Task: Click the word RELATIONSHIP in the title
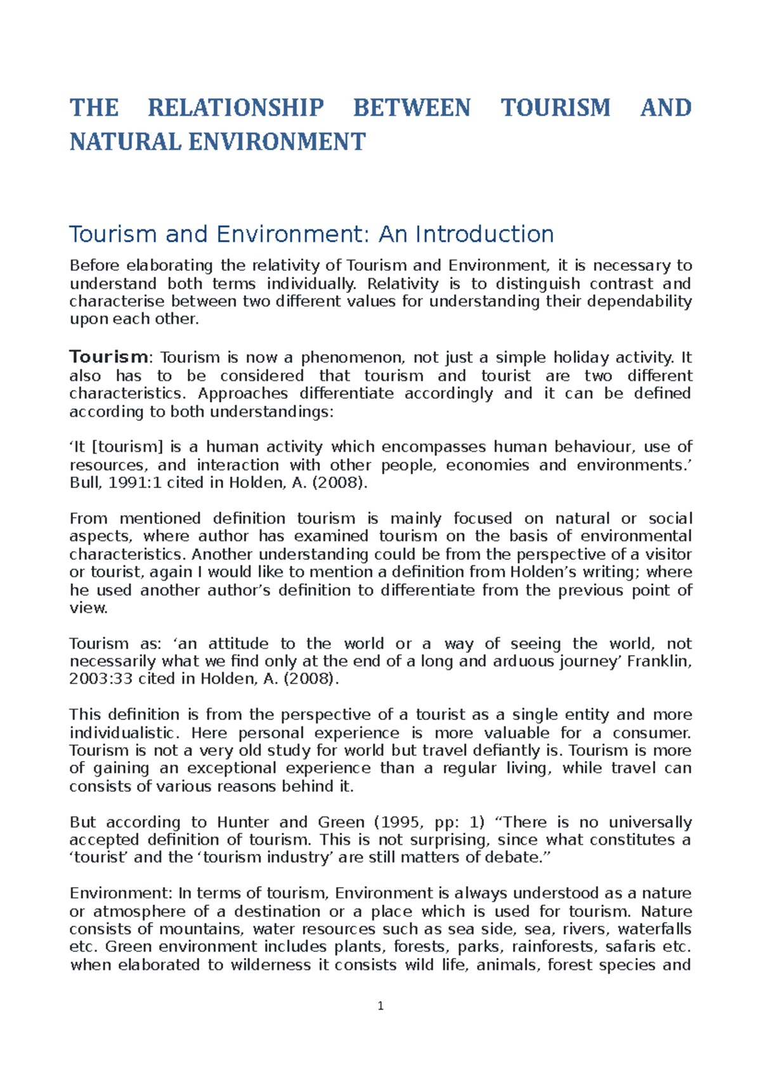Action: (x=236, y=108)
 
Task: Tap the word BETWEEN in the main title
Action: (x=412, y=108)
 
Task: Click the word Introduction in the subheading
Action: (x=485, y=234)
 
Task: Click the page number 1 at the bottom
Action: (x=380, y=1006)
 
